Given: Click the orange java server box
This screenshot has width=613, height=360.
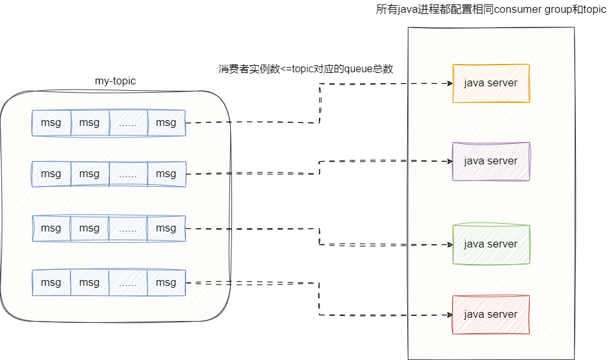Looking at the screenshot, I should pyautogui.click(x=490, y=83).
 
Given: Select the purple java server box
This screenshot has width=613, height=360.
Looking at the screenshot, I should pyautogui.click(x=490, y=161).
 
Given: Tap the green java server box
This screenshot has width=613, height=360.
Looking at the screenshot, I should pyautogui.click(x=490, y=244).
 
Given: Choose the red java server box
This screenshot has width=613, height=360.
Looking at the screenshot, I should pyautogui.click(x=490, y=315).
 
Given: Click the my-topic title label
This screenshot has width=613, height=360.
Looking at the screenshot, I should pyautogui.click(x=115, y=81).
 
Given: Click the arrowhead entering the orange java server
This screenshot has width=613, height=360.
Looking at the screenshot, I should pyautogui.click(x=449, y=83).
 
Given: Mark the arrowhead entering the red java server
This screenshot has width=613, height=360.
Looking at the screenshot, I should pyautogui.click(x=449, y=315).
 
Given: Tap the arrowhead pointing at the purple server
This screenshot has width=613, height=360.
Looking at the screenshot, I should pyautogui.click(x=449, y=161).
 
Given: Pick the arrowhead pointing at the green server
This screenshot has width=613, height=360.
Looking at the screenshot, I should pyautogui.click(x=449, y=244).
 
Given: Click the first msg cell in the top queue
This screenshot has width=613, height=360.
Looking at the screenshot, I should pyautogui.click(x=51, y=123).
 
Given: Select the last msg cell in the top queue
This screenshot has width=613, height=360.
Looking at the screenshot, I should pyautogui.click(x=166, y=123).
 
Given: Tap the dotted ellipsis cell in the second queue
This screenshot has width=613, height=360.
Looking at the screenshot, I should pyautogui.click(x=128, y=174).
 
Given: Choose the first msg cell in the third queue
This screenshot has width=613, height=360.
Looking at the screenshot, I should pyautogui.click(x=51, y=228).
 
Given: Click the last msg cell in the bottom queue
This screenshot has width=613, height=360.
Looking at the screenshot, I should pyautogui.click(x=166, y=283).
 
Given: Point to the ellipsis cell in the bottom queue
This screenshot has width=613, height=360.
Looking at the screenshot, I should pyautogui.click(x=128, y=283).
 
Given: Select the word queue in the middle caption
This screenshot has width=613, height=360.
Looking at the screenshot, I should pyautogui.click(x=359, y=69).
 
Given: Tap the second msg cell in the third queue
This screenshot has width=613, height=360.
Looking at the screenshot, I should pyautogui.click(x=89, y=228).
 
